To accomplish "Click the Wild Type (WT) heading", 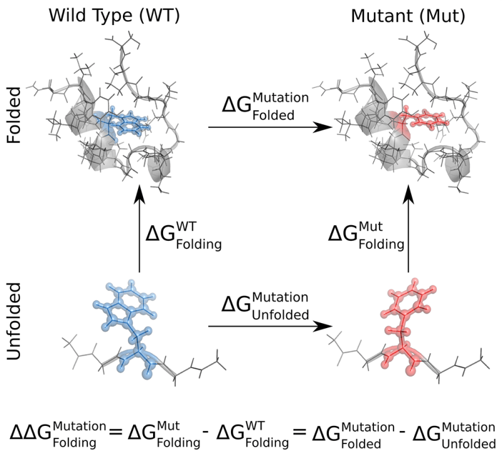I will pos(114,16).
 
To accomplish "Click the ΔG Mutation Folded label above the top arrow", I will pos(265,107).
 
